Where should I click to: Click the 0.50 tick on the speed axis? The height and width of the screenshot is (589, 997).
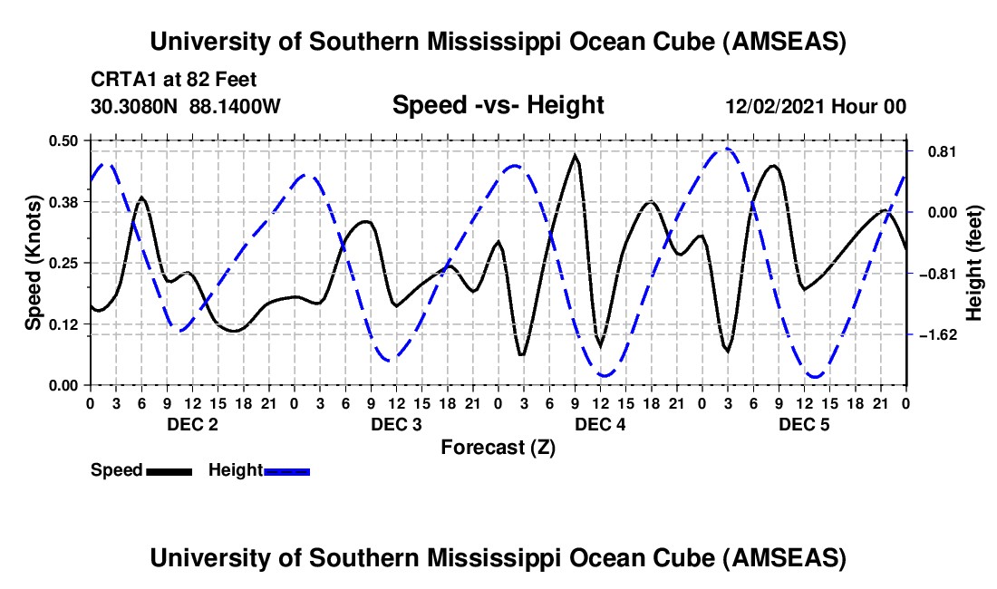coord(63,140)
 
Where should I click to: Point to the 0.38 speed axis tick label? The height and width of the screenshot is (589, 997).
coord(63,202)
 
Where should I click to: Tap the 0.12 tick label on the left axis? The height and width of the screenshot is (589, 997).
coord(63,324)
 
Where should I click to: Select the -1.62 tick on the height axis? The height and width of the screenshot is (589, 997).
coord(938,335)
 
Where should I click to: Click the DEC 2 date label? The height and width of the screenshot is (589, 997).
coord(193,424)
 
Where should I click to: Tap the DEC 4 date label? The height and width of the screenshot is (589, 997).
coord(600,424)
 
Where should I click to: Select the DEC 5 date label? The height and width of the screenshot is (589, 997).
coord(804,424)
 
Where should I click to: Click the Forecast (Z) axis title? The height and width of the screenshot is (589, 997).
coord(498,448)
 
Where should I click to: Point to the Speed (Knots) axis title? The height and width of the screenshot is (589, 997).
coord(33,263)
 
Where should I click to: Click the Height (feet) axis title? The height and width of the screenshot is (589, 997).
coord(973,263)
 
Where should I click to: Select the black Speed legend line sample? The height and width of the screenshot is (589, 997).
coord(169,472)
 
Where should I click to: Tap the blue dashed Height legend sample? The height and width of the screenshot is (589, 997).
coord(286,472)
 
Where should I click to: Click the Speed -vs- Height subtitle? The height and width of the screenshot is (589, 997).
coord(498,105)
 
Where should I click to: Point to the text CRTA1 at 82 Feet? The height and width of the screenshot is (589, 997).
coord(174,80)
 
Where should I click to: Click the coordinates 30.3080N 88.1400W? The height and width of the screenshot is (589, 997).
coord(186,106)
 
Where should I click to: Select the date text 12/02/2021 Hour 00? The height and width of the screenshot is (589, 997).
coord(816,106)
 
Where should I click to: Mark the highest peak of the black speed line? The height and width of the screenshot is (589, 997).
coord(576,155)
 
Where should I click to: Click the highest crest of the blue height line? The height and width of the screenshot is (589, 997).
coord(727,150)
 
